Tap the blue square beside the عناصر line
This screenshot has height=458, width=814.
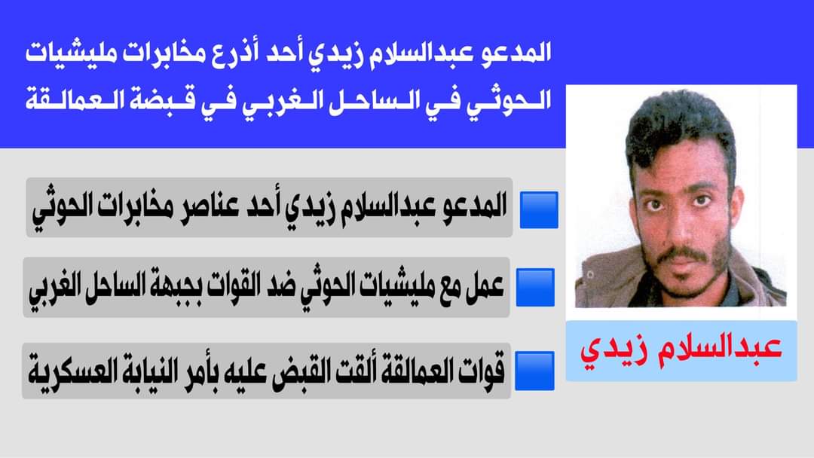539,210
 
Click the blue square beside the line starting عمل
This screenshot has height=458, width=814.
535,287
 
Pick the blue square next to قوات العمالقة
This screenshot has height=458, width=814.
534,371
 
